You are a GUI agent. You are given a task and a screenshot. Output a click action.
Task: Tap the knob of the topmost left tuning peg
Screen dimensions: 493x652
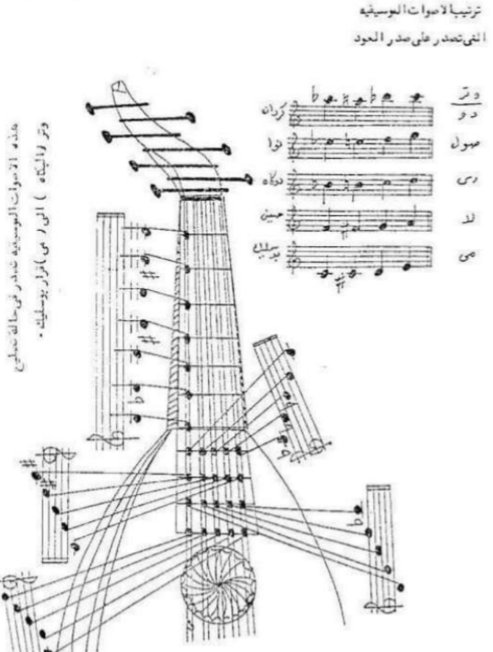[x=90, y=107]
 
